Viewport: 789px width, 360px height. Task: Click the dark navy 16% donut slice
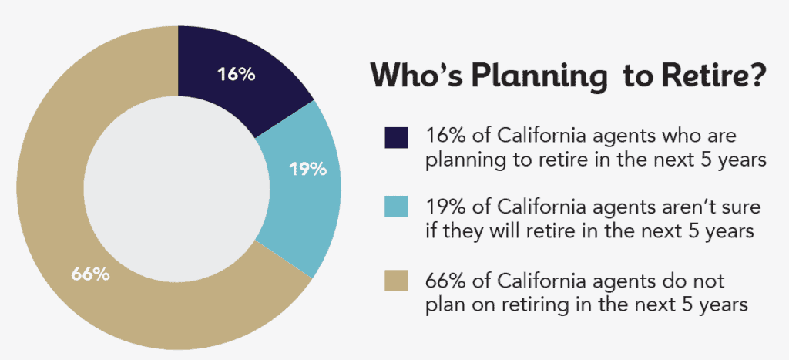coord(237,76)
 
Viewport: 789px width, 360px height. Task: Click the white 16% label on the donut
coord(237,74)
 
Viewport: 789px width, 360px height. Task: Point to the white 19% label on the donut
coord(308,169)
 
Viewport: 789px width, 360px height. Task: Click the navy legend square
coord(397,137)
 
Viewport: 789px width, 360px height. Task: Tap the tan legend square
coord(397,279)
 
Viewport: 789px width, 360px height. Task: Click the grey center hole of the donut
coord(178,188)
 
